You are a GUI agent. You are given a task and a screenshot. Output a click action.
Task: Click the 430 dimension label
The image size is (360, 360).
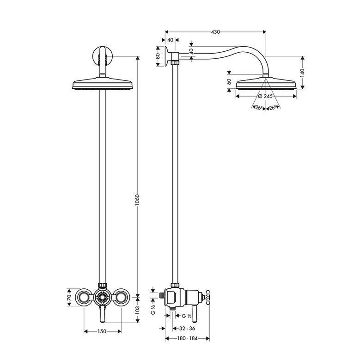point(215,32)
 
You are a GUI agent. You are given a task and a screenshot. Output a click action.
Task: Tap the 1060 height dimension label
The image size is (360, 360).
point(137,200)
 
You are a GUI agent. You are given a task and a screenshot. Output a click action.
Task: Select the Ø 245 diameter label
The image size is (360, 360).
point(265,96)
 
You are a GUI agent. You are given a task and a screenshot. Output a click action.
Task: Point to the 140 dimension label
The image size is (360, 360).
point(302,73)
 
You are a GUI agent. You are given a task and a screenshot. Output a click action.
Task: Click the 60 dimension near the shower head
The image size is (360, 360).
point(229,82)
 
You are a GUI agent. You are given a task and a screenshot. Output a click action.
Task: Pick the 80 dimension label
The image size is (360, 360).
point(158,56)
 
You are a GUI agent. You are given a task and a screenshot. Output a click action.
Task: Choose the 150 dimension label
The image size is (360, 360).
point(102,331)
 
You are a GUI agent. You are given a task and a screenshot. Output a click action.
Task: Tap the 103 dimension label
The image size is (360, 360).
point(137,310)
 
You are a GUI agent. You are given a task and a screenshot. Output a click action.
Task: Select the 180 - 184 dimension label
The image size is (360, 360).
point(187,338)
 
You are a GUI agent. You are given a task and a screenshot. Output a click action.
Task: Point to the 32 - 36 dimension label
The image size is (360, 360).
point(187,329)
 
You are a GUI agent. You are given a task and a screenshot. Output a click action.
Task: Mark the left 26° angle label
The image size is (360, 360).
point(259,108)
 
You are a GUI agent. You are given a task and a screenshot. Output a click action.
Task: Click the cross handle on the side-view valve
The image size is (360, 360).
point(206,298)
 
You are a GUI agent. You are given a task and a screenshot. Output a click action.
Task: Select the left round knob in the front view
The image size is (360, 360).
point(83,297)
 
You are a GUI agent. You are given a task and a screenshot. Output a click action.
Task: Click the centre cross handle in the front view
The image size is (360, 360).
point(102,298)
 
